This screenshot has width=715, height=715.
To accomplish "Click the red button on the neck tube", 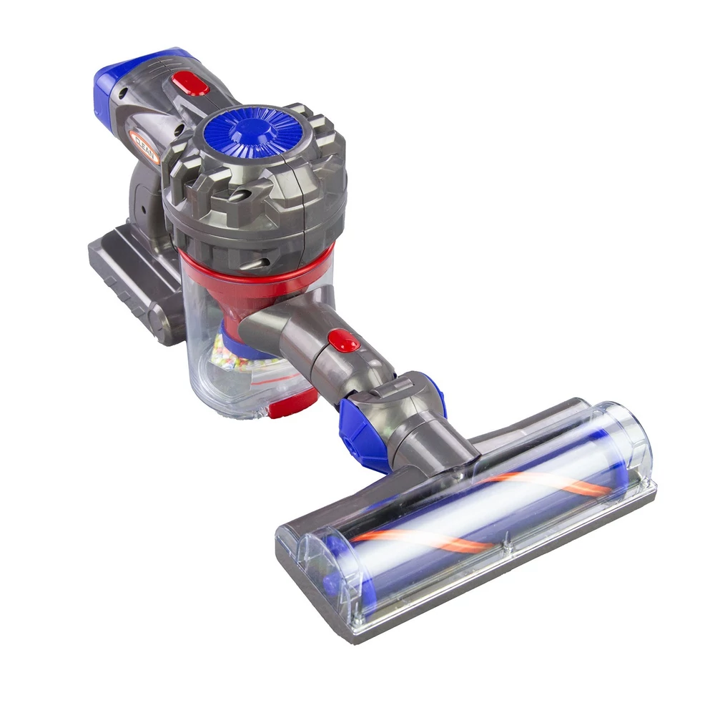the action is click(x=344, y=340).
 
